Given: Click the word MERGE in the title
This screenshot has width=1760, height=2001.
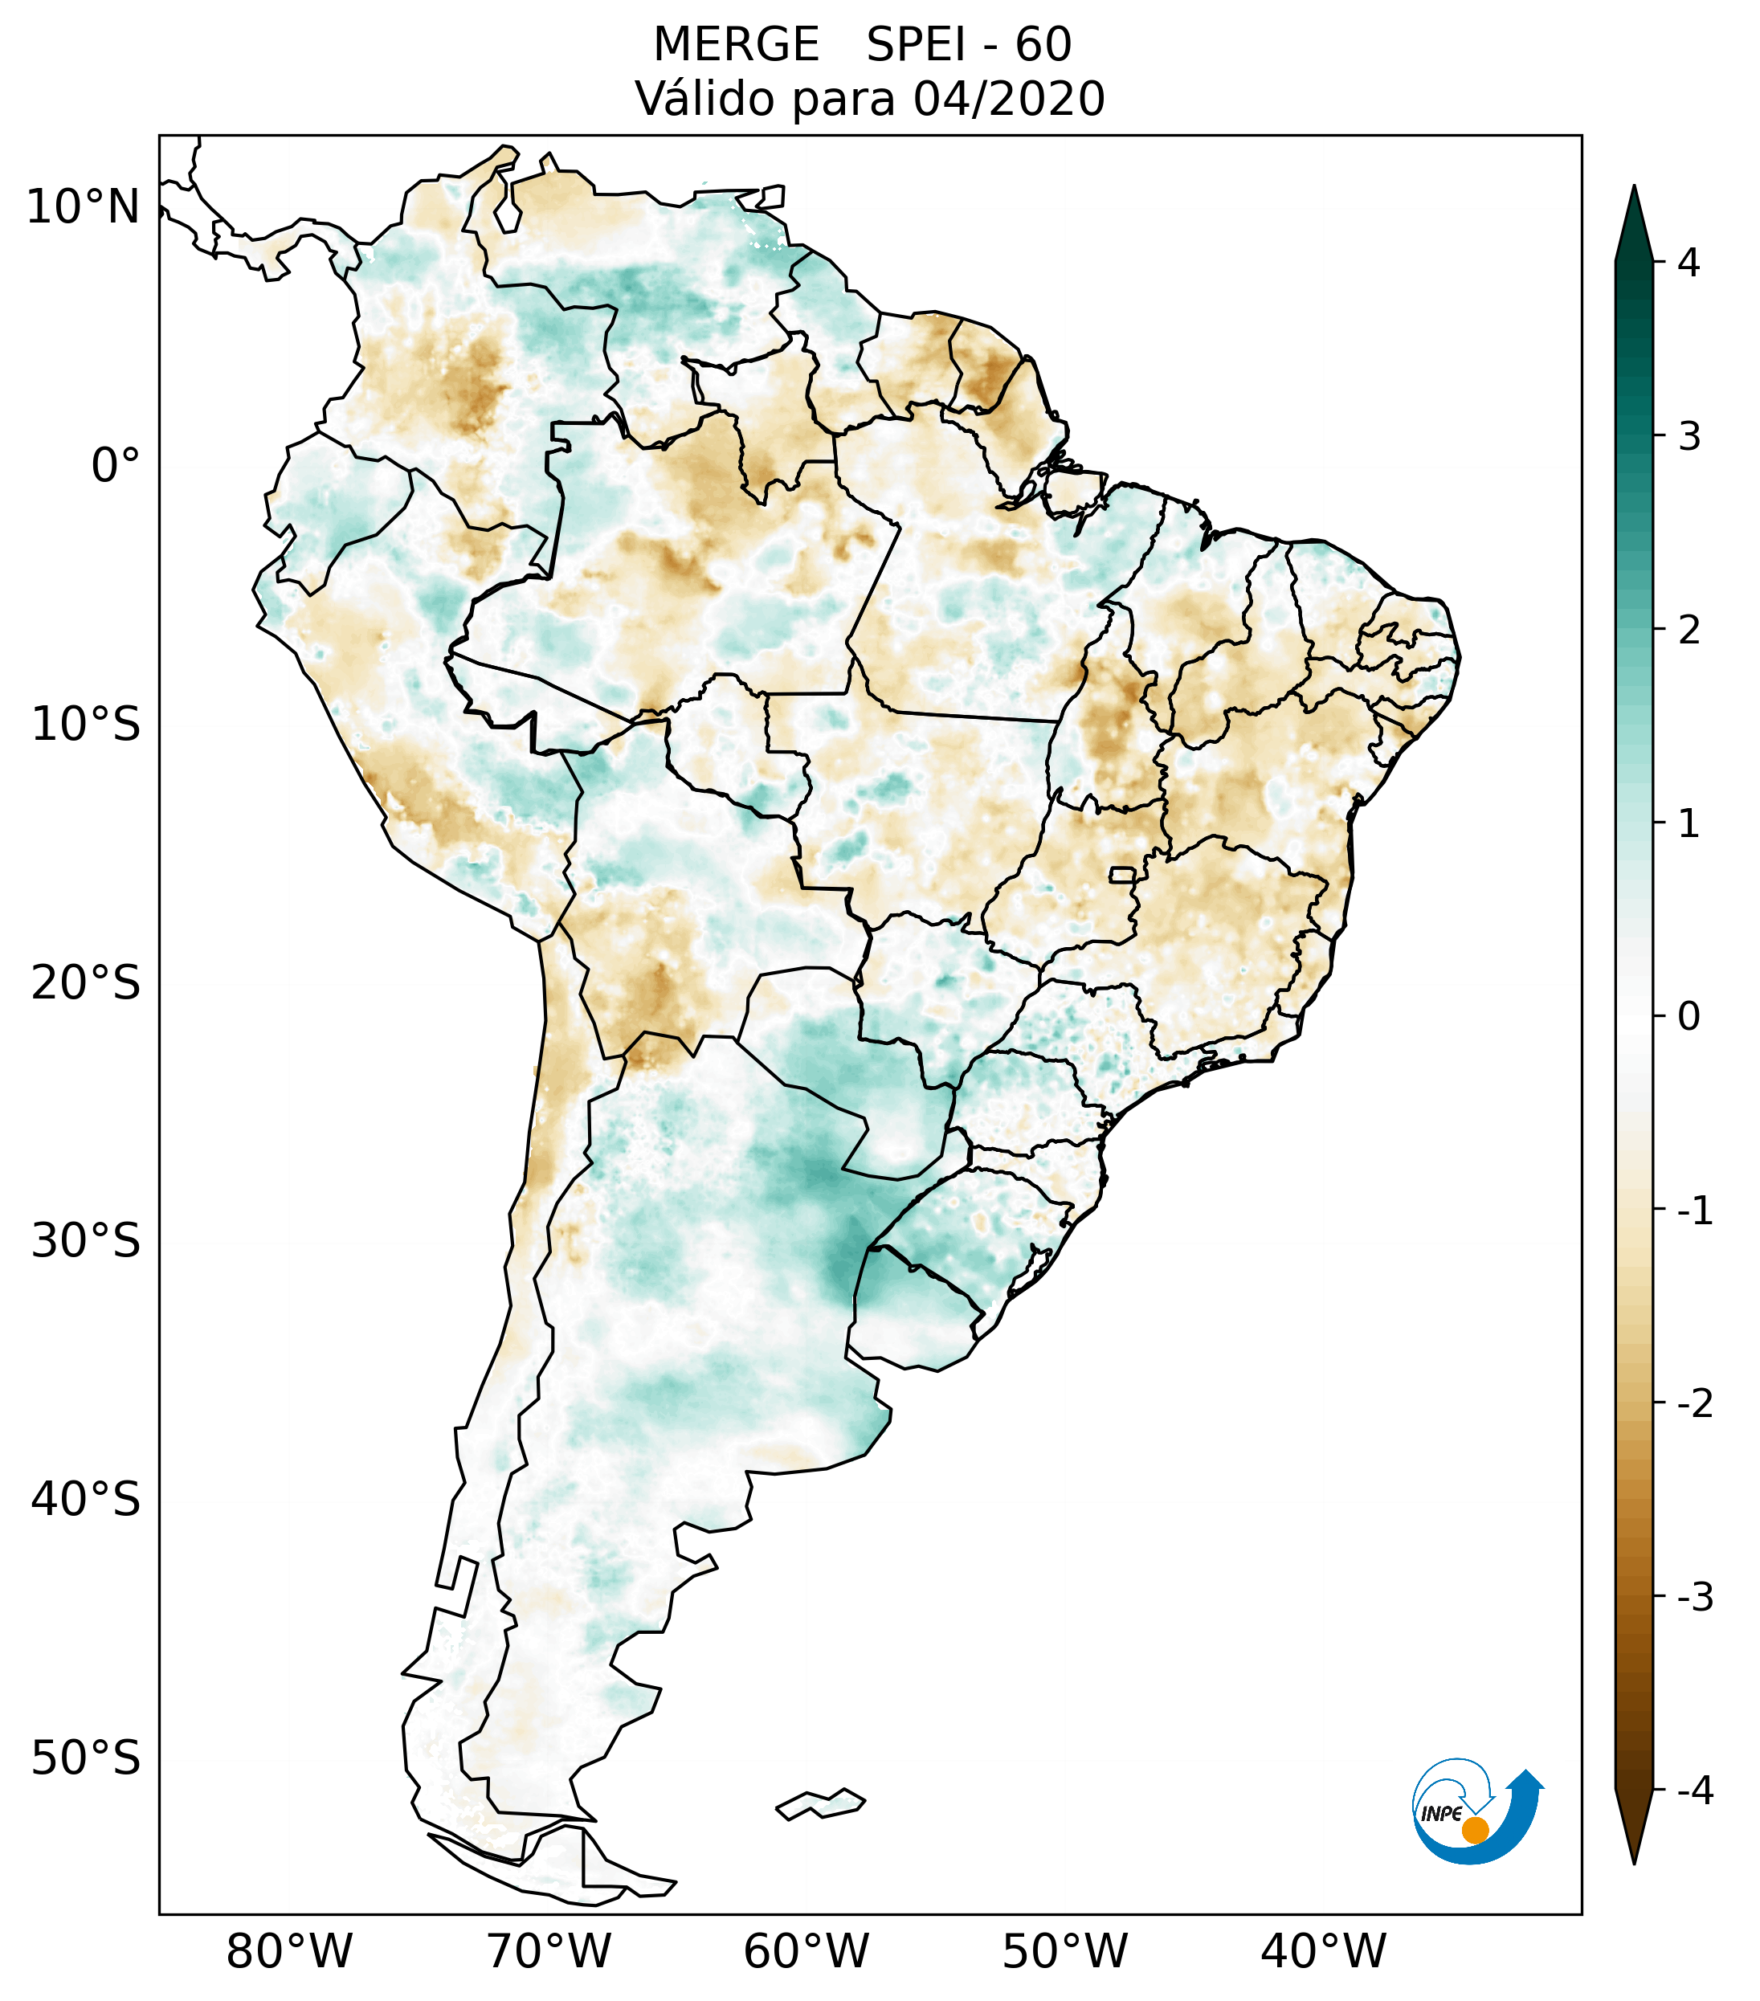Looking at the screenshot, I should point(735,45).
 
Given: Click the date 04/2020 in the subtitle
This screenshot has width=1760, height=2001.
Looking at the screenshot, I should point(1008,99).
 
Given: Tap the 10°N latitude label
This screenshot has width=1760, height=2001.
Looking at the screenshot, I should point(84,207).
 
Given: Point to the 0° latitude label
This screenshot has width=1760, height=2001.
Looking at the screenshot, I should point(116,466).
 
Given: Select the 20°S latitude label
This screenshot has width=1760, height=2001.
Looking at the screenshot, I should point(86,983).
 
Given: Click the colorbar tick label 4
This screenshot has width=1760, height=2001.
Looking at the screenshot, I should point(1689,263).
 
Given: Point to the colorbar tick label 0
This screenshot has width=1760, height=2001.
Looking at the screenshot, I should point(1689,1017).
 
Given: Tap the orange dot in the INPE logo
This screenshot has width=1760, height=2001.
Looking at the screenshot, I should point(1474,1830).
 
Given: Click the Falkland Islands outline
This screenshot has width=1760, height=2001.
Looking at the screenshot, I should point(820,1803).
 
